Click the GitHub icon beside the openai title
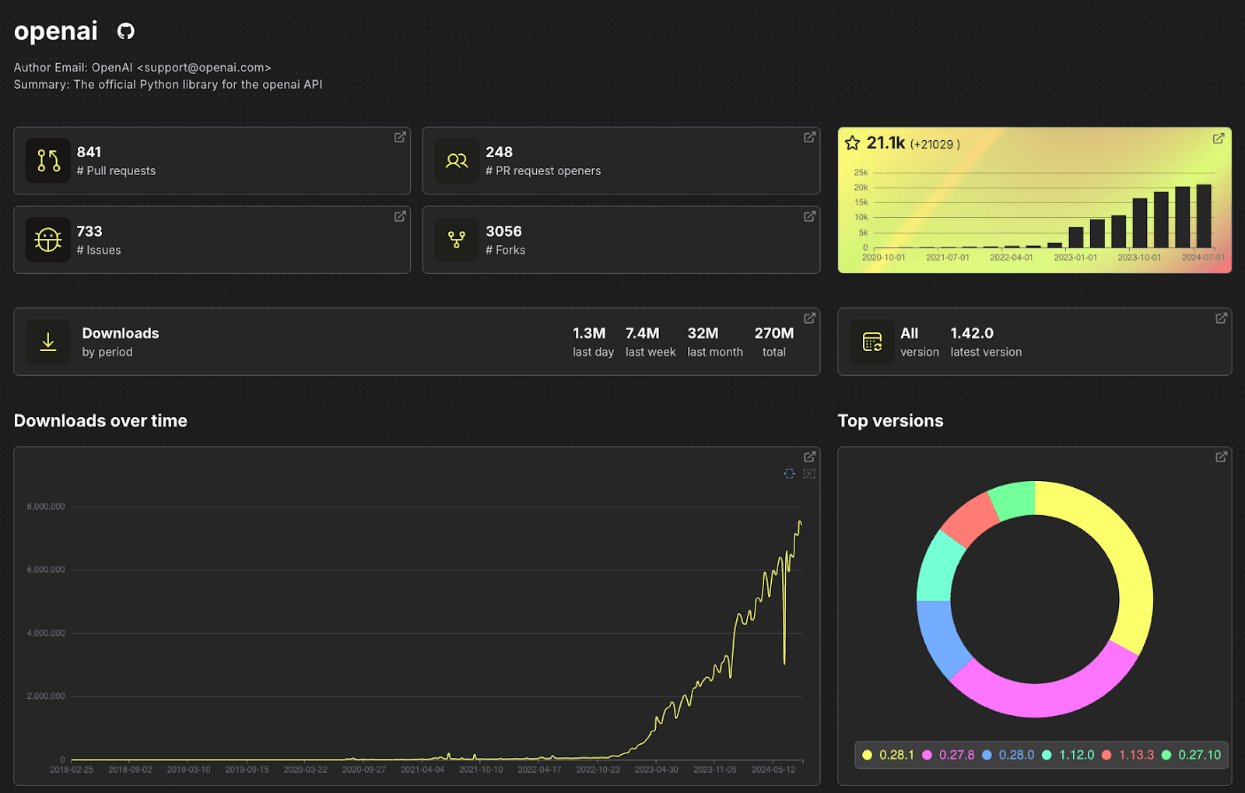126,31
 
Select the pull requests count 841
89,152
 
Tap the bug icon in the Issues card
48,240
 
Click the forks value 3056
503,231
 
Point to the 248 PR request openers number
499,152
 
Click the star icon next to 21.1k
853,143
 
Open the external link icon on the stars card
1219,139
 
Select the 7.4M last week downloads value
642,333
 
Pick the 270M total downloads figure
773,333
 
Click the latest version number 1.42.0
972,333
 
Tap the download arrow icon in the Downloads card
48,342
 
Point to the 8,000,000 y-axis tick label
46,507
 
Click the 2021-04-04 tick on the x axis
422,770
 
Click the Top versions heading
890,421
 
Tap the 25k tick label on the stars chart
861,173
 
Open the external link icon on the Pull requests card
400,137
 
